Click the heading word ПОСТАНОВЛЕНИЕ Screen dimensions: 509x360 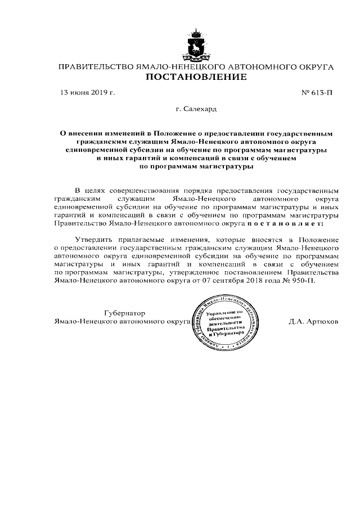196,78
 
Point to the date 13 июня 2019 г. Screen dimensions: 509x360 88,91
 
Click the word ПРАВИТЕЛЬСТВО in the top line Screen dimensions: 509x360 96,67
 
